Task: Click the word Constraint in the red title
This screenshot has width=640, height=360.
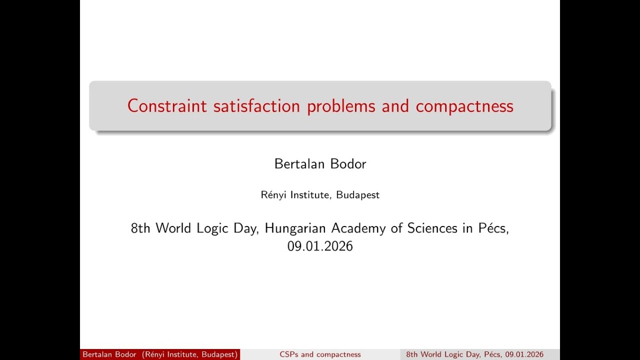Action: click(x=167, y=106)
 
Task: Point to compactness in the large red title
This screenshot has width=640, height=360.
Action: click(x=464, y=106)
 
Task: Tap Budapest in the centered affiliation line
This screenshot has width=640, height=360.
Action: click(x=357, y=195)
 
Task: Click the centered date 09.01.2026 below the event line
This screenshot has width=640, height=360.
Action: click(x=320, y=246)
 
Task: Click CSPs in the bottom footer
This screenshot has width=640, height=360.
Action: click(x=289, y=354)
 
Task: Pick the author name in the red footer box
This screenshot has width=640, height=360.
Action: click(x=109, y=354)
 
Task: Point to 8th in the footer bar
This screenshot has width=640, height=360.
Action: click(x=412, y=354)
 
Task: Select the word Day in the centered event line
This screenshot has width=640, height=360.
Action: click(x=244, y=228)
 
